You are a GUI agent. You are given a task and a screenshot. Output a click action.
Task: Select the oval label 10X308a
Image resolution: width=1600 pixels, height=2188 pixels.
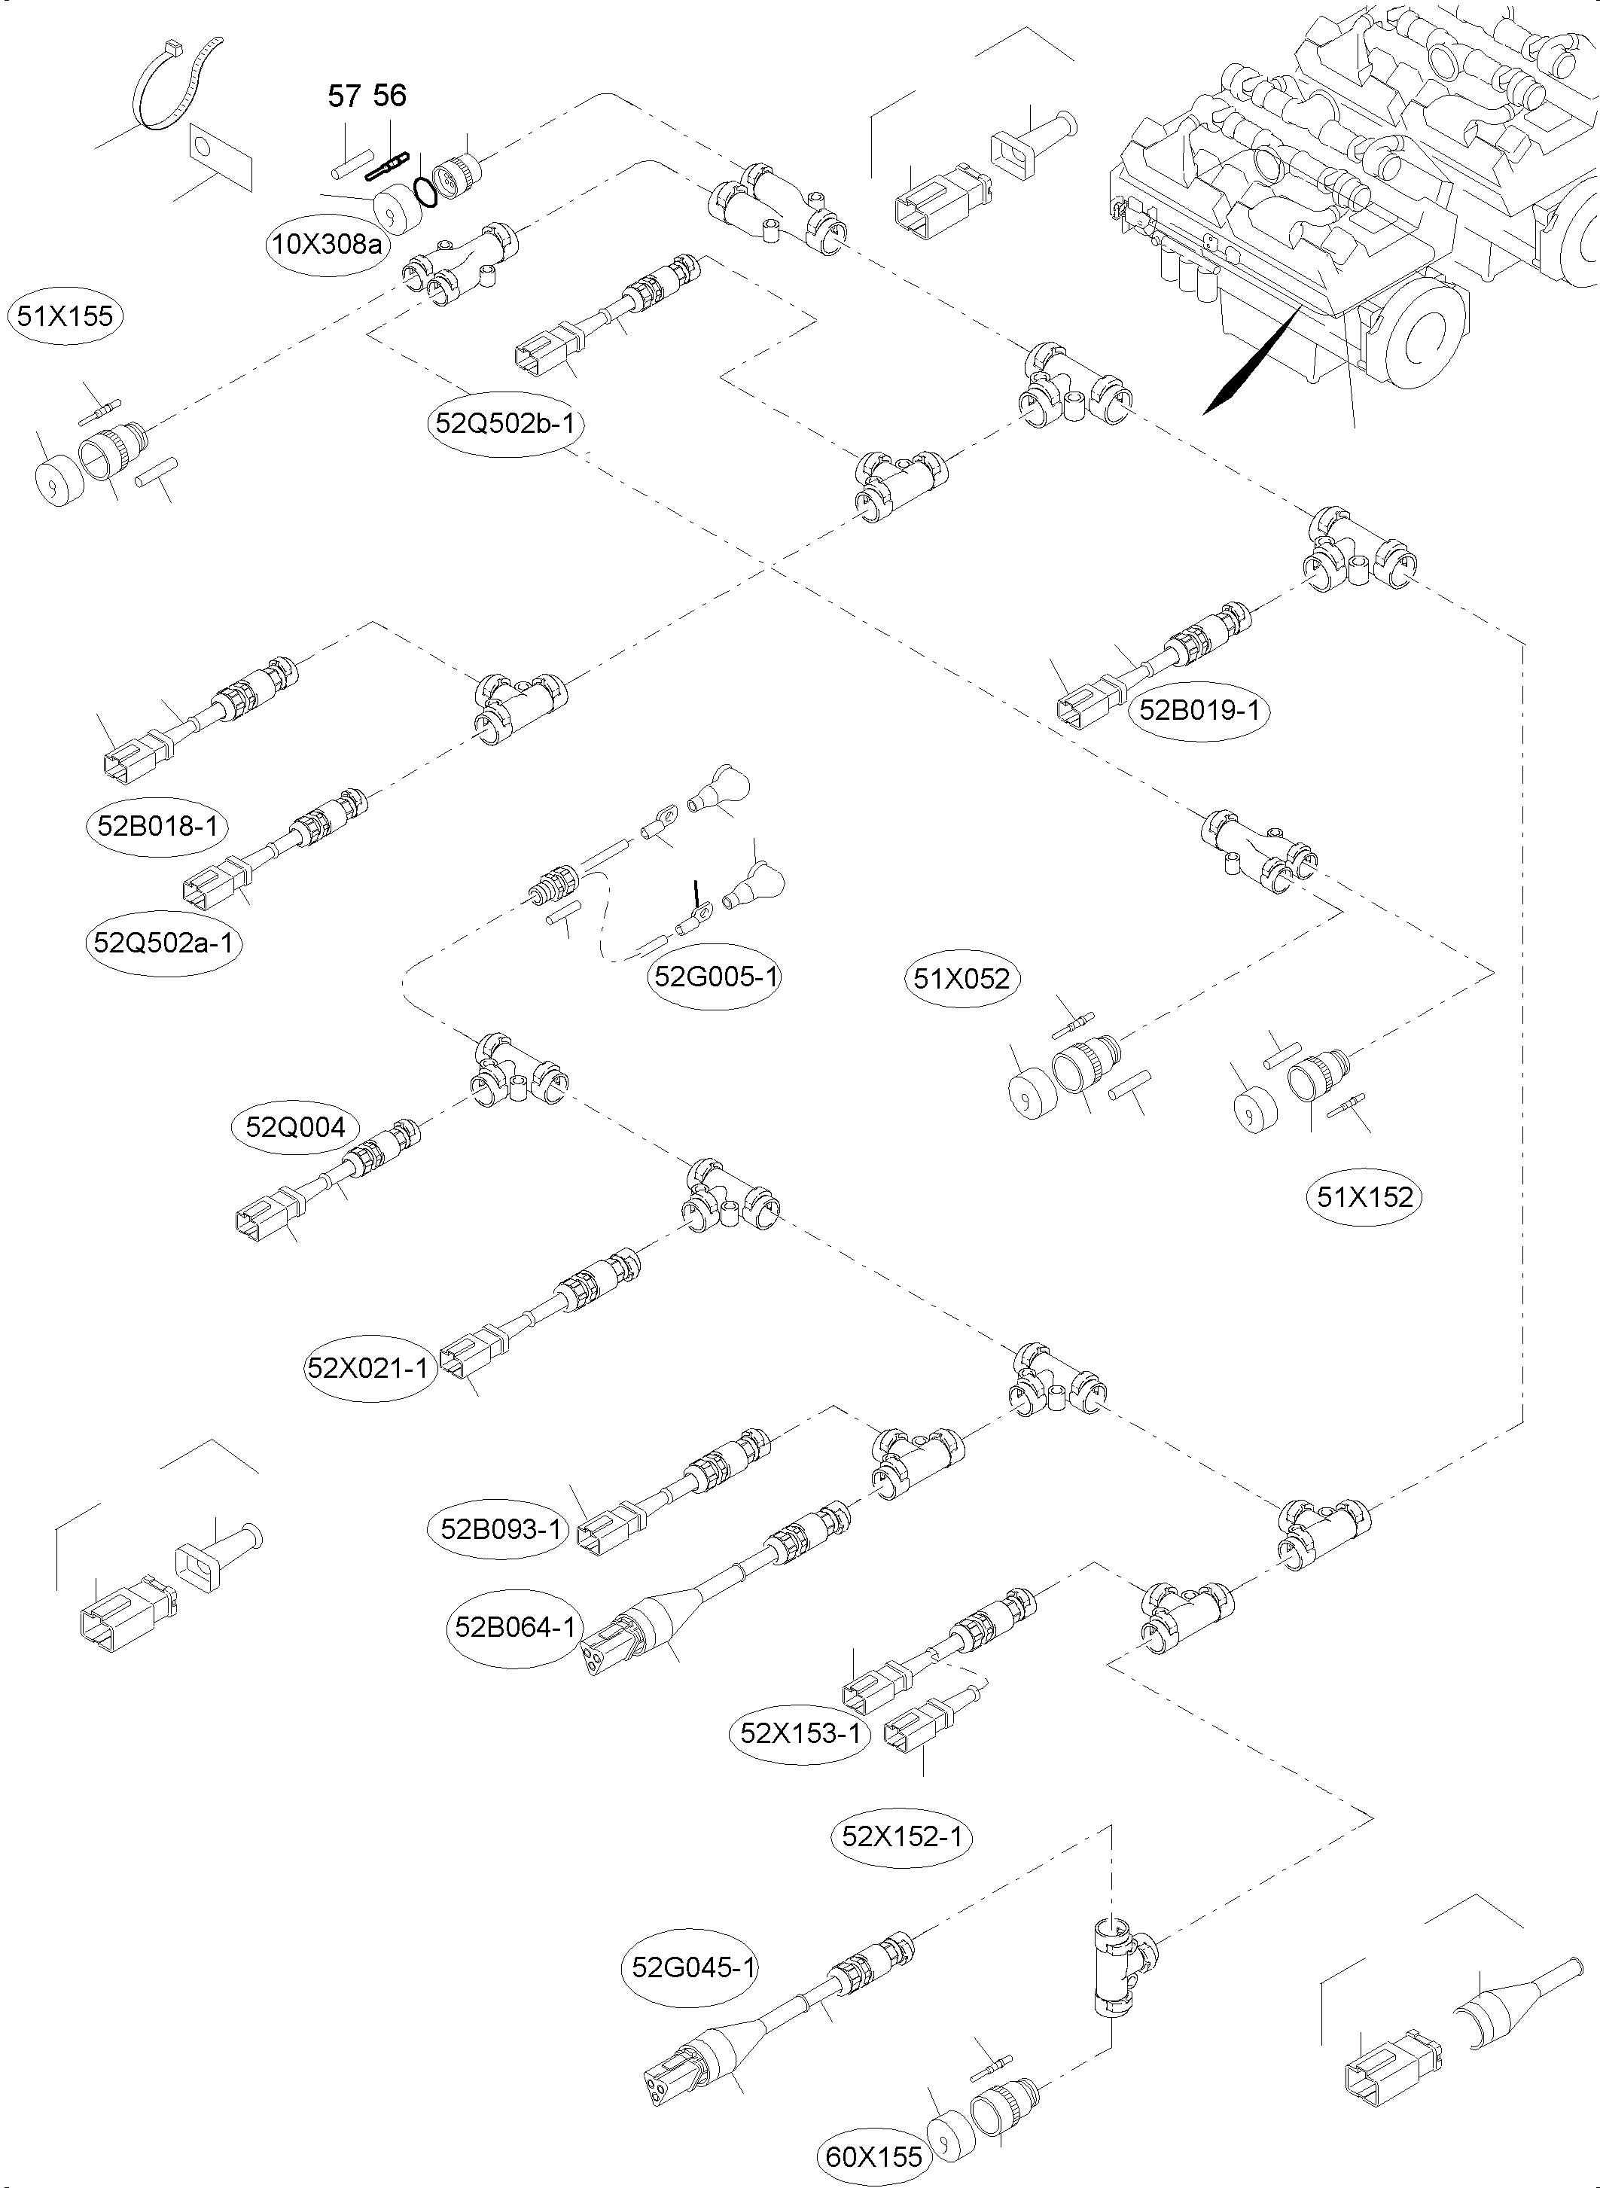(x=326, y=244)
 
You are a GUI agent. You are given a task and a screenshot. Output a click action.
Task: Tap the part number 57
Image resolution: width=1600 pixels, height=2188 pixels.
(x=345, y=96)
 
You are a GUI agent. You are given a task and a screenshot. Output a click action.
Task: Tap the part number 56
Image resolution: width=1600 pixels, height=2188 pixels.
(x=389, y=95)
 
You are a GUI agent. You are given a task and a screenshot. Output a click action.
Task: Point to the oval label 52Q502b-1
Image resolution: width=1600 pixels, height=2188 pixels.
(x=507, y=423)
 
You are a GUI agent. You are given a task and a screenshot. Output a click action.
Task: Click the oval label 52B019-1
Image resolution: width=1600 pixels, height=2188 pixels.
(x=1199, y=710)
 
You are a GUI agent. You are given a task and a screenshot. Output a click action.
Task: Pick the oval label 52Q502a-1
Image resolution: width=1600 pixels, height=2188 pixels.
(x=163, y=941)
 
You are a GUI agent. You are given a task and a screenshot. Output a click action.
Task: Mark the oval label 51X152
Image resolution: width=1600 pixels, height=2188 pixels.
(x=1366, y=1197)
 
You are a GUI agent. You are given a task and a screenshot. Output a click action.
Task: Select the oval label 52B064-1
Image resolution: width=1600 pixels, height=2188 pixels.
(x=515, y=1627)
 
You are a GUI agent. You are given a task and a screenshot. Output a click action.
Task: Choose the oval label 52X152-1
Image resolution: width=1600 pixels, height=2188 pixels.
(x=903, y=1836)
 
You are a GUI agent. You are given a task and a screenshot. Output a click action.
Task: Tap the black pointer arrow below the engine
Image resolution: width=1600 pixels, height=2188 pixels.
(x=1249, y=363)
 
